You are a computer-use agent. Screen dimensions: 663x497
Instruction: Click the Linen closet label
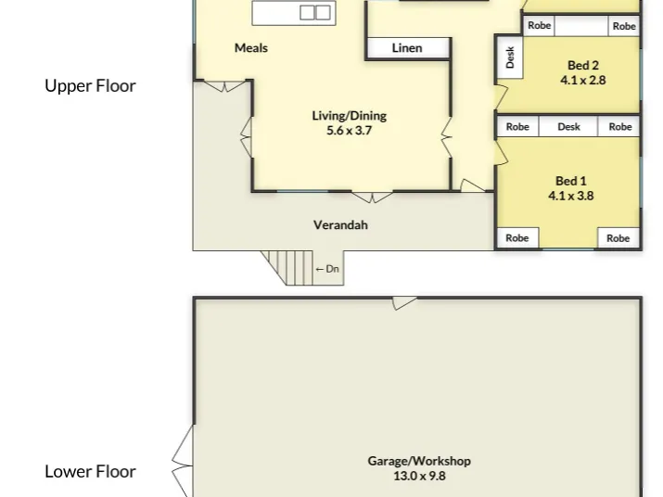coord(407,48)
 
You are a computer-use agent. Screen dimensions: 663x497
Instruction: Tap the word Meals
coord(251,48)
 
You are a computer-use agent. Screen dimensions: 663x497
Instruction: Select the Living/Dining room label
coord(350,116)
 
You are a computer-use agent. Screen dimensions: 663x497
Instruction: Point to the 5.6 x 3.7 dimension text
coord(350,131)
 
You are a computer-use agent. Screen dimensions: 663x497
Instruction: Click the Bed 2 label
coord(583,66)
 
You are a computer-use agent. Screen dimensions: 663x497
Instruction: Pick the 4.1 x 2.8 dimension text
coord(583,80)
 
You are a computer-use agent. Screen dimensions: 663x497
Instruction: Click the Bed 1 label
coord(571,181)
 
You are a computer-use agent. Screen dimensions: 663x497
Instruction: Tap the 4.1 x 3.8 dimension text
coord(571,196)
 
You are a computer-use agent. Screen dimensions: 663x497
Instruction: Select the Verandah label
coord(340,225)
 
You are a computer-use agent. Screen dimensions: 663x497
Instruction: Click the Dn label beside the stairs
coord(332,269)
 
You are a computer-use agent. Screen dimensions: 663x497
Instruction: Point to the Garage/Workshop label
coord(419,461)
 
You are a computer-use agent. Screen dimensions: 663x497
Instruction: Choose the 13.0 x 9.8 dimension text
coord(419,476)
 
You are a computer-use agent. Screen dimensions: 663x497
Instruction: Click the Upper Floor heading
coord(91,86)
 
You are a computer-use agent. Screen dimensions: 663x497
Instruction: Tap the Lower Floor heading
coord(91,472)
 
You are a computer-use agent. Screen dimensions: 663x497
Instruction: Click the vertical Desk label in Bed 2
coord(510,57)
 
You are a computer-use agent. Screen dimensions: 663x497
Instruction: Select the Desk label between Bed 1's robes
coord(568,127)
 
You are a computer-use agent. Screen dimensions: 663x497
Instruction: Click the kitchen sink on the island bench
coord(315,13)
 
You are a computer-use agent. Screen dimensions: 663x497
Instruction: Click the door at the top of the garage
coord(404,303)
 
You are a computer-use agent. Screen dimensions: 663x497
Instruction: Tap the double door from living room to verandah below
coord(372,198)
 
